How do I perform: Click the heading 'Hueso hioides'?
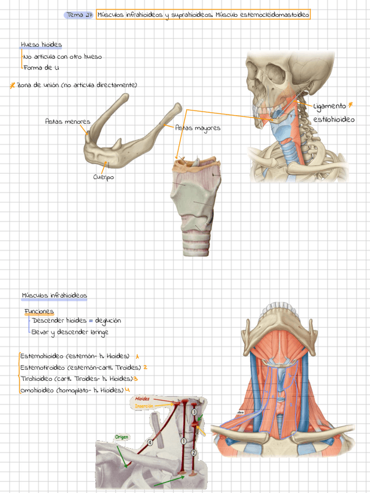(41, 45)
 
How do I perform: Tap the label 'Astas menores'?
(67, 122)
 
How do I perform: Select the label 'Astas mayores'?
(198, 128)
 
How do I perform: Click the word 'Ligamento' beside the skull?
(329, 106)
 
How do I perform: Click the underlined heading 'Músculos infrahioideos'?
(54, 296)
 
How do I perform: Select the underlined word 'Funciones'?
(39, 312)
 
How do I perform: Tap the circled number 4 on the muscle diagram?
(150, 442)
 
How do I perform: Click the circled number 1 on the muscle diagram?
(184, 441)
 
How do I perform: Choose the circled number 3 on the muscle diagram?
(194, 412)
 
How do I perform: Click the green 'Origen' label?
(121, 437)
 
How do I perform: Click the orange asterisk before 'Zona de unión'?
(12, 85)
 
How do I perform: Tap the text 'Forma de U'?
(41, 68)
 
